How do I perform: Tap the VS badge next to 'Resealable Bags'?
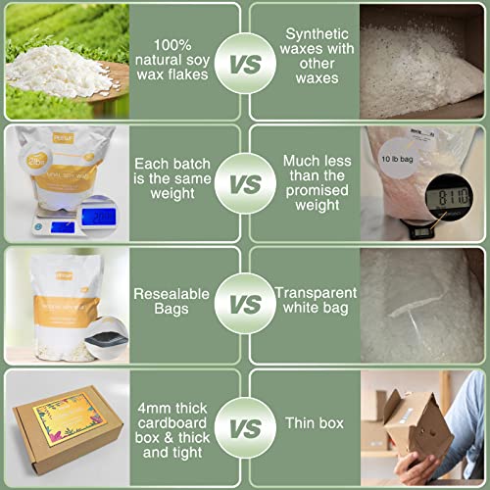245,305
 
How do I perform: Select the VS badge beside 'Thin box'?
245,426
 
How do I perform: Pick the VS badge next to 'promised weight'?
245,184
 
